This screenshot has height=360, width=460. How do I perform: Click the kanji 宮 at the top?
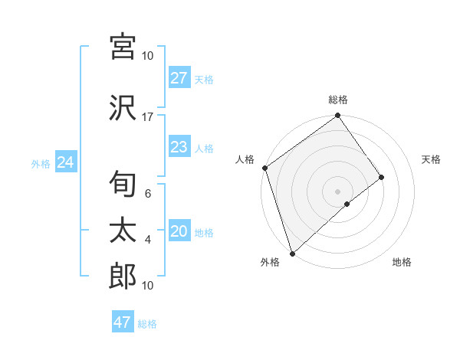pyautogui.click(x=123, y=47)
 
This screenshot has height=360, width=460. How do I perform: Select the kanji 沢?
pyautogui.click(x=123, y=108)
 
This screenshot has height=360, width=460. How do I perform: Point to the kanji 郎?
pyautogui.click(x=123, y=277)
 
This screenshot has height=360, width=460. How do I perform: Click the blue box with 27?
pyautogui.click(x=179, y=78)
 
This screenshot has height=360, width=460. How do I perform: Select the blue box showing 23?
pyautogui.click(x=179, y=147)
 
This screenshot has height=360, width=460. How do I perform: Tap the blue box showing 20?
pyautogui.click(x=179, y=232)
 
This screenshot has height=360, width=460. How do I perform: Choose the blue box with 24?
pyautogui.click(x=65, y=162)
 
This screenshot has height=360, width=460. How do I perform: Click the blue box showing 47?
pyautogui.click(x=123, y=322)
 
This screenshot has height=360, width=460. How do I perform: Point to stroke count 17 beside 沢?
pyautogui.click(x=148, y=116)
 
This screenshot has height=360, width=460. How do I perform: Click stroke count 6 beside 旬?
pyautogui.click(x=148, y=194)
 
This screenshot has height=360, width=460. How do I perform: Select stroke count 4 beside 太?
pyautogui.click(x=148, y=240)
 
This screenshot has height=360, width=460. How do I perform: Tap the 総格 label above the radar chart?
pyautogui.click(x=338, y=100)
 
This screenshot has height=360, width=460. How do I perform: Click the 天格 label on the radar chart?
pyautogui.click(x=431, y=159)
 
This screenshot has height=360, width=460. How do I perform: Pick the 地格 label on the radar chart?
pyautogui.click(x=402, y=262)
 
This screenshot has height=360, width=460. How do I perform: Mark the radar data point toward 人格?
pyautogui.click(x=264, y=168)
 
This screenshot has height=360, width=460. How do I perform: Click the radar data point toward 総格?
pyautogui.click(x=337, y=116)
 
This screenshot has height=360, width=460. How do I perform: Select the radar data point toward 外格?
pyautogui.click(x=291, y=252)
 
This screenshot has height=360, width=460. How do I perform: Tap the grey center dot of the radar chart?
pyautogui.click(x=337, y=190)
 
